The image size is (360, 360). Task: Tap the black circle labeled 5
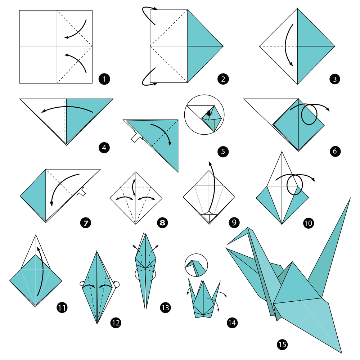pyautogui.click(x=223, y=152)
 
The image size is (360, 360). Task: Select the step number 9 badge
pyautogui.click(x=234, y=223)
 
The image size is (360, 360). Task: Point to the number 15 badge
pyautogui.click(x=282, y=345)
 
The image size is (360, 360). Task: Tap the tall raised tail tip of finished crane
pyautogui.click(x=350, y=198)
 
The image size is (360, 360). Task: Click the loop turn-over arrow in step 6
pyautogui.click(x=309, y=113)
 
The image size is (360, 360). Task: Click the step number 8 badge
pyautogui.click(x=162, y=223)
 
